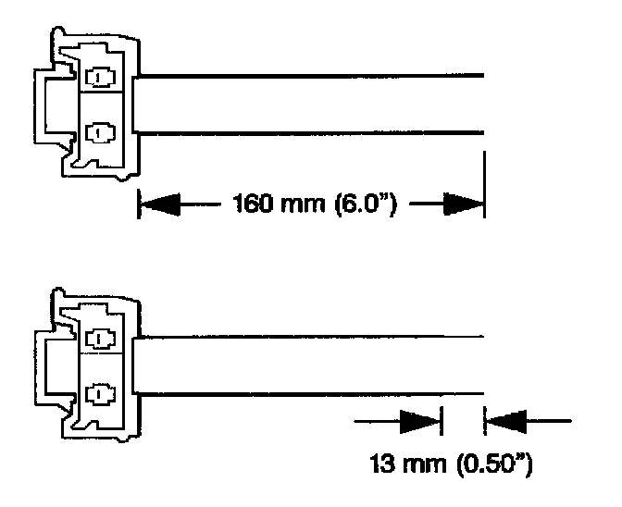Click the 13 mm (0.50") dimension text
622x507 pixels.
point(451,462)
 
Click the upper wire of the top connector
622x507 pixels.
point(315,76)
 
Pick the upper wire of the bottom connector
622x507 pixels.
point(315,337)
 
